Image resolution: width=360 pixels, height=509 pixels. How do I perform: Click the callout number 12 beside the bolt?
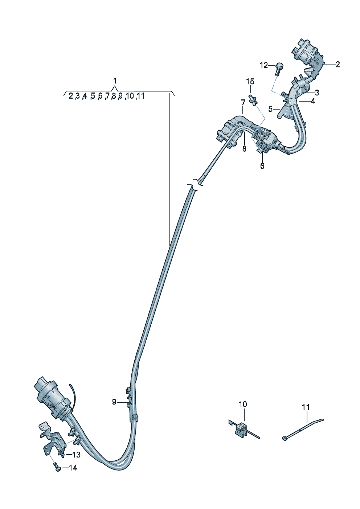click(x=264, y=65)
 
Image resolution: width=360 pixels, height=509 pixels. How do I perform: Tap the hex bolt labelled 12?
click(x=279, y=68)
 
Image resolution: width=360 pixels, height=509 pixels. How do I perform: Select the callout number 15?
click(x=250, y=82)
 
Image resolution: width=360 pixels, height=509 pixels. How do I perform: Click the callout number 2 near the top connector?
click(x=337, y=65)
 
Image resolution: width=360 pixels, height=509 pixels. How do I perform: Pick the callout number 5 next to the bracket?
click(x=270, y=108)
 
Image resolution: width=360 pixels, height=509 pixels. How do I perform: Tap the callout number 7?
click(x=243, y=103)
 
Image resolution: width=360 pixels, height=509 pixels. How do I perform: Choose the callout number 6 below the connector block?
click(x=262, y=166)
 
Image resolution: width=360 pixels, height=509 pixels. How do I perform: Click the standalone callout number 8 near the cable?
click(x=244, y=148)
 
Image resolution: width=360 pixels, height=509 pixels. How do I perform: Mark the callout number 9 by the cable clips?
click(x=114, y=402)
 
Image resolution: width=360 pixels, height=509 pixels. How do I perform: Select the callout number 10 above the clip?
click(x=243, y=404)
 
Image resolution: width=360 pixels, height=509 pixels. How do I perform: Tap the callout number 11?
click(x=306, y=407)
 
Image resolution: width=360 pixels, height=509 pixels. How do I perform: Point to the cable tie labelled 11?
click(x=303, y=430)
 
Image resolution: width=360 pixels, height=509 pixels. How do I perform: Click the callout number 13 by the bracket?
click(x=76, y=455)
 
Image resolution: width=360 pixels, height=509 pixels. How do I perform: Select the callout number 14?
click(x=73, y=468)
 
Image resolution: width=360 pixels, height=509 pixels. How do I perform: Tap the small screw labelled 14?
click(x=56, y=467)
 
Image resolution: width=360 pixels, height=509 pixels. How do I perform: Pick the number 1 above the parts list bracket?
click(x=115, y=80)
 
